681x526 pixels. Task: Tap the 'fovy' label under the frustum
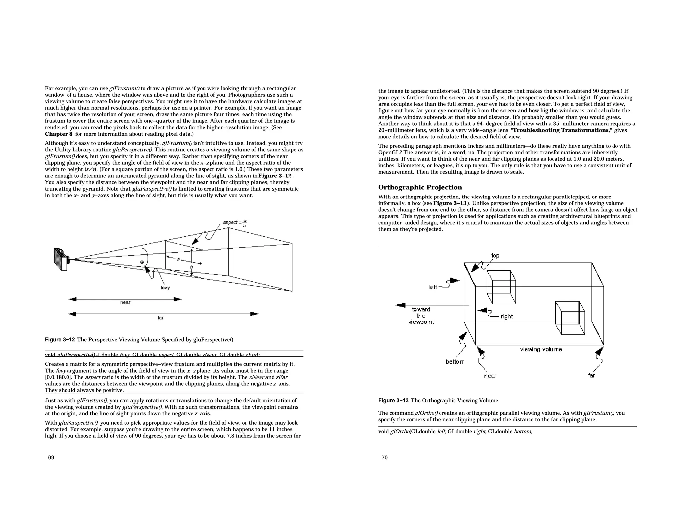tap(165, 288)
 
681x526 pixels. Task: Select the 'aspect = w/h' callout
tap(235, 223)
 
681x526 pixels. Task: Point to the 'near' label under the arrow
tap(125, 302)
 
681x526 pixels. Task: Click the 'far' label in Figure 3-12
tap(161, 318)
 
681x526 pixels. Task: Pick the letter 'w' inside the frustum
tap(178, 259)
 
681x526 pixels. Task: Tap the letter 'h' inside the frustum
tap(191, 267)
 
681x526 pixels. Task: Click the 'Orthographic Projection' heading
tap(420, 187)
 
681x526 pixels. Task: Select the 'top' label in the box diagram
tap(495, 256)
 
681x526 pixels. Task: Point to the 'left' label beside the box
tap(433, 287)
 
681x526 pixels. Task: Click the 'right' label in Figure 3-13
tap(507, 316)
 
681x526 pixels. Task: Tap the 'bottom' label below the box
tap(455, 362)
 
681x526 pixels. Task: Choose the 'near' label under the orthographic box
tap(490, 376)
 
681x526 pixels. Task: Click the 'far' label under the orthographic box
tap(591, 375)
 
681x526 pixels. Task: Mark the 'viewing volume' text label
tap(541, 349)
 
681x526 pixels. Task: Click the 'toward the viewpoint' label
tap(421, 316)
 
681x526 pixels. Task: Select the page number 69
tap(51, 458)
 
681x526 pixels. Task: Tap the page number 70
tap(385, 458)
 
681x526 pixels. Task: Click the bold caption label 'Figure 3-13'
tap(393, 401)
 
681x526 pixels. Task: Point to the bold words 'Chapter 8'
tap(59, 134)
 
